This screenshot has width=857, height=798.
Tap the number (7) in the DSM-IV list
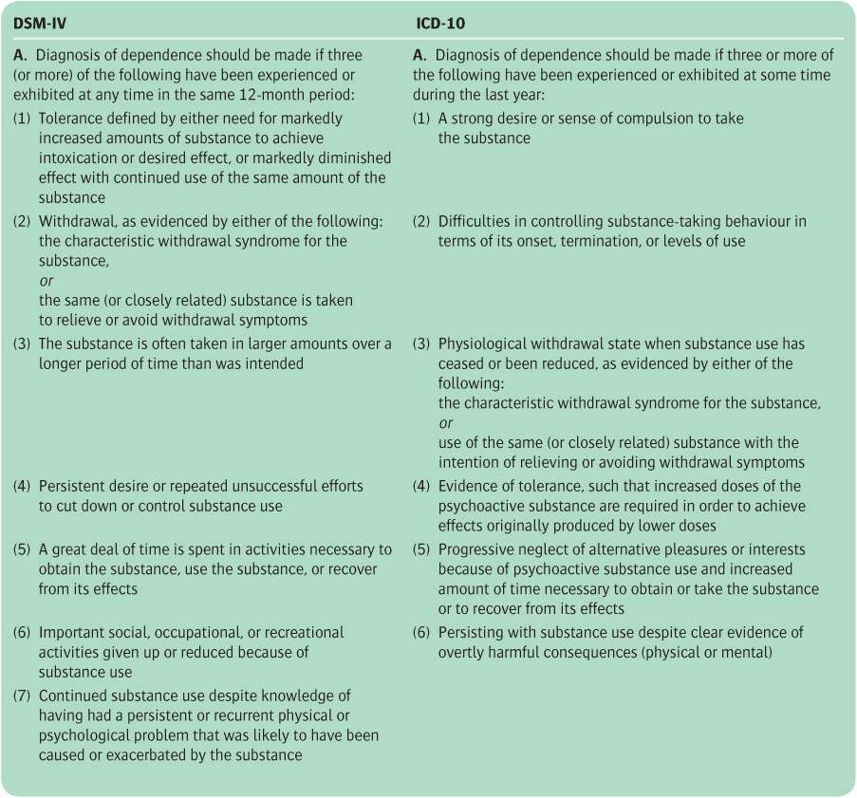(x=21, y=696)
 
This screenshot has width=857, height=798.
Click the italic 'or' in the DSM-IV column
(x=47, y=281)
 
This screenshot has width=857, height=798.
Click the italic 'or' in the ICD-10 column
(x=446, y=423)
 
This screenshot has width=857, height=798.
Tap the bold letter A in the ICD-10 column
(x=419, y=55)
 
